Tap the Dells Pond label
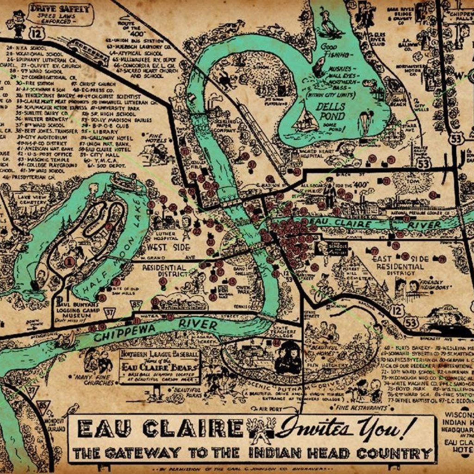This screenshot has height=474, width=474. pyautogui.click(x=331, y=111)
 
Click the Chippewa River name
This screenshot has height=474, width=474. pyautogui.click(x=156, y=330)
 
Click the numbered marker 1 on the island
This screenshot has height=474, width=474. pyautogui.click(x=69, y=262)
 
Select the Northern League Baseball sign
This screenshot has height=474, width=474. pyautogui.click(x=160, y=366)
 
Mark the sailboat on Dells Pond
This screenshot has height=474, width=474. pyautogui.click(x=306, y=121)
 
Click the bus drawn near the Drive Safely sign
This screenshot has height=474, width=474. pyautogui.click(x=88, y=52)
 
